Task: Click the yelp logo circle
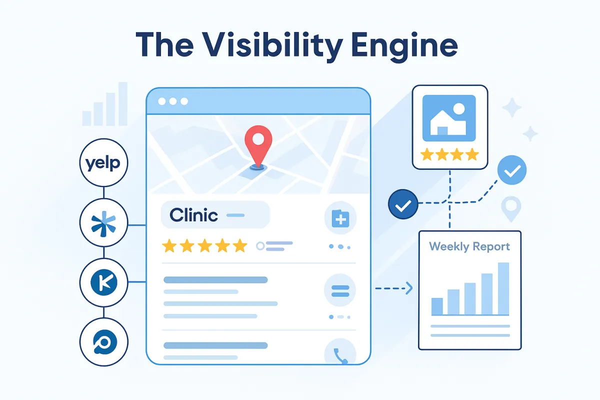104,162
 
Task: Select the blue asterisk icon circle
104,223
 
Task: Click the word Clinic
193,215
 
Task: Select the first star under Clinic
170,245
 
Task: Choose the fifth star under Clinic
240,245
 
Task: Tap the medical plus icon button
340,218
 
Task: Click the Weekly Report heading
469,246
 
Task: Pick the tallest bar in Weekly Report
503,288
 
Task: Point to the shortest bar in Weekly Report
437,306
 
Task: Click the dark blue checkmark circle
403,204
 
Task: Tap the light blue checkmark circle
511,171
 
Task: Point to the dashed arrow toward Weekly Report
393,288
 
